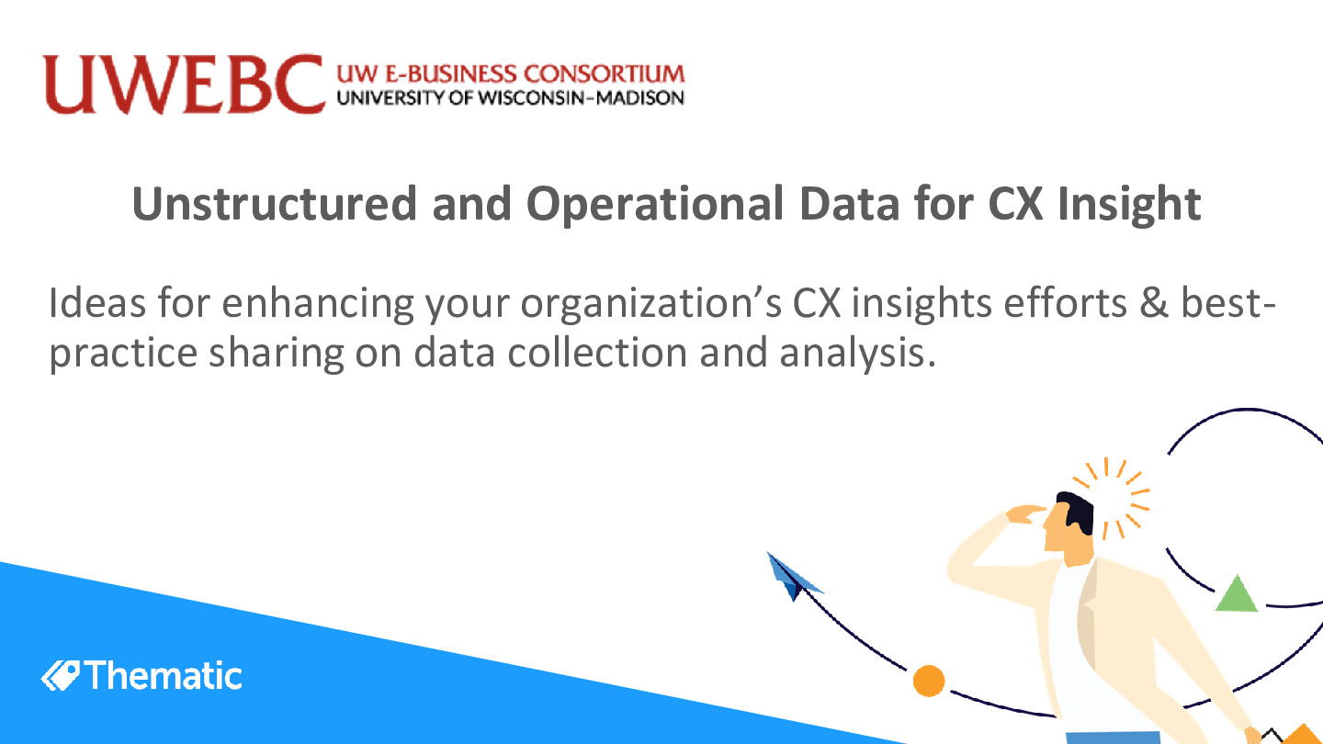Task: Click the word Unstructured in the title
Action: [273, 204]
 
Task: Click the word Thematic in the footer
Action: [165, 676]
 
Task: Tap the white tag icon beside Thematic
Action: [61, 676]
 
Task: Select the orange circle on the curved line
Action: [929, 681]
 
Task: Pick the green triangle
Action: [1237, 594]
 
